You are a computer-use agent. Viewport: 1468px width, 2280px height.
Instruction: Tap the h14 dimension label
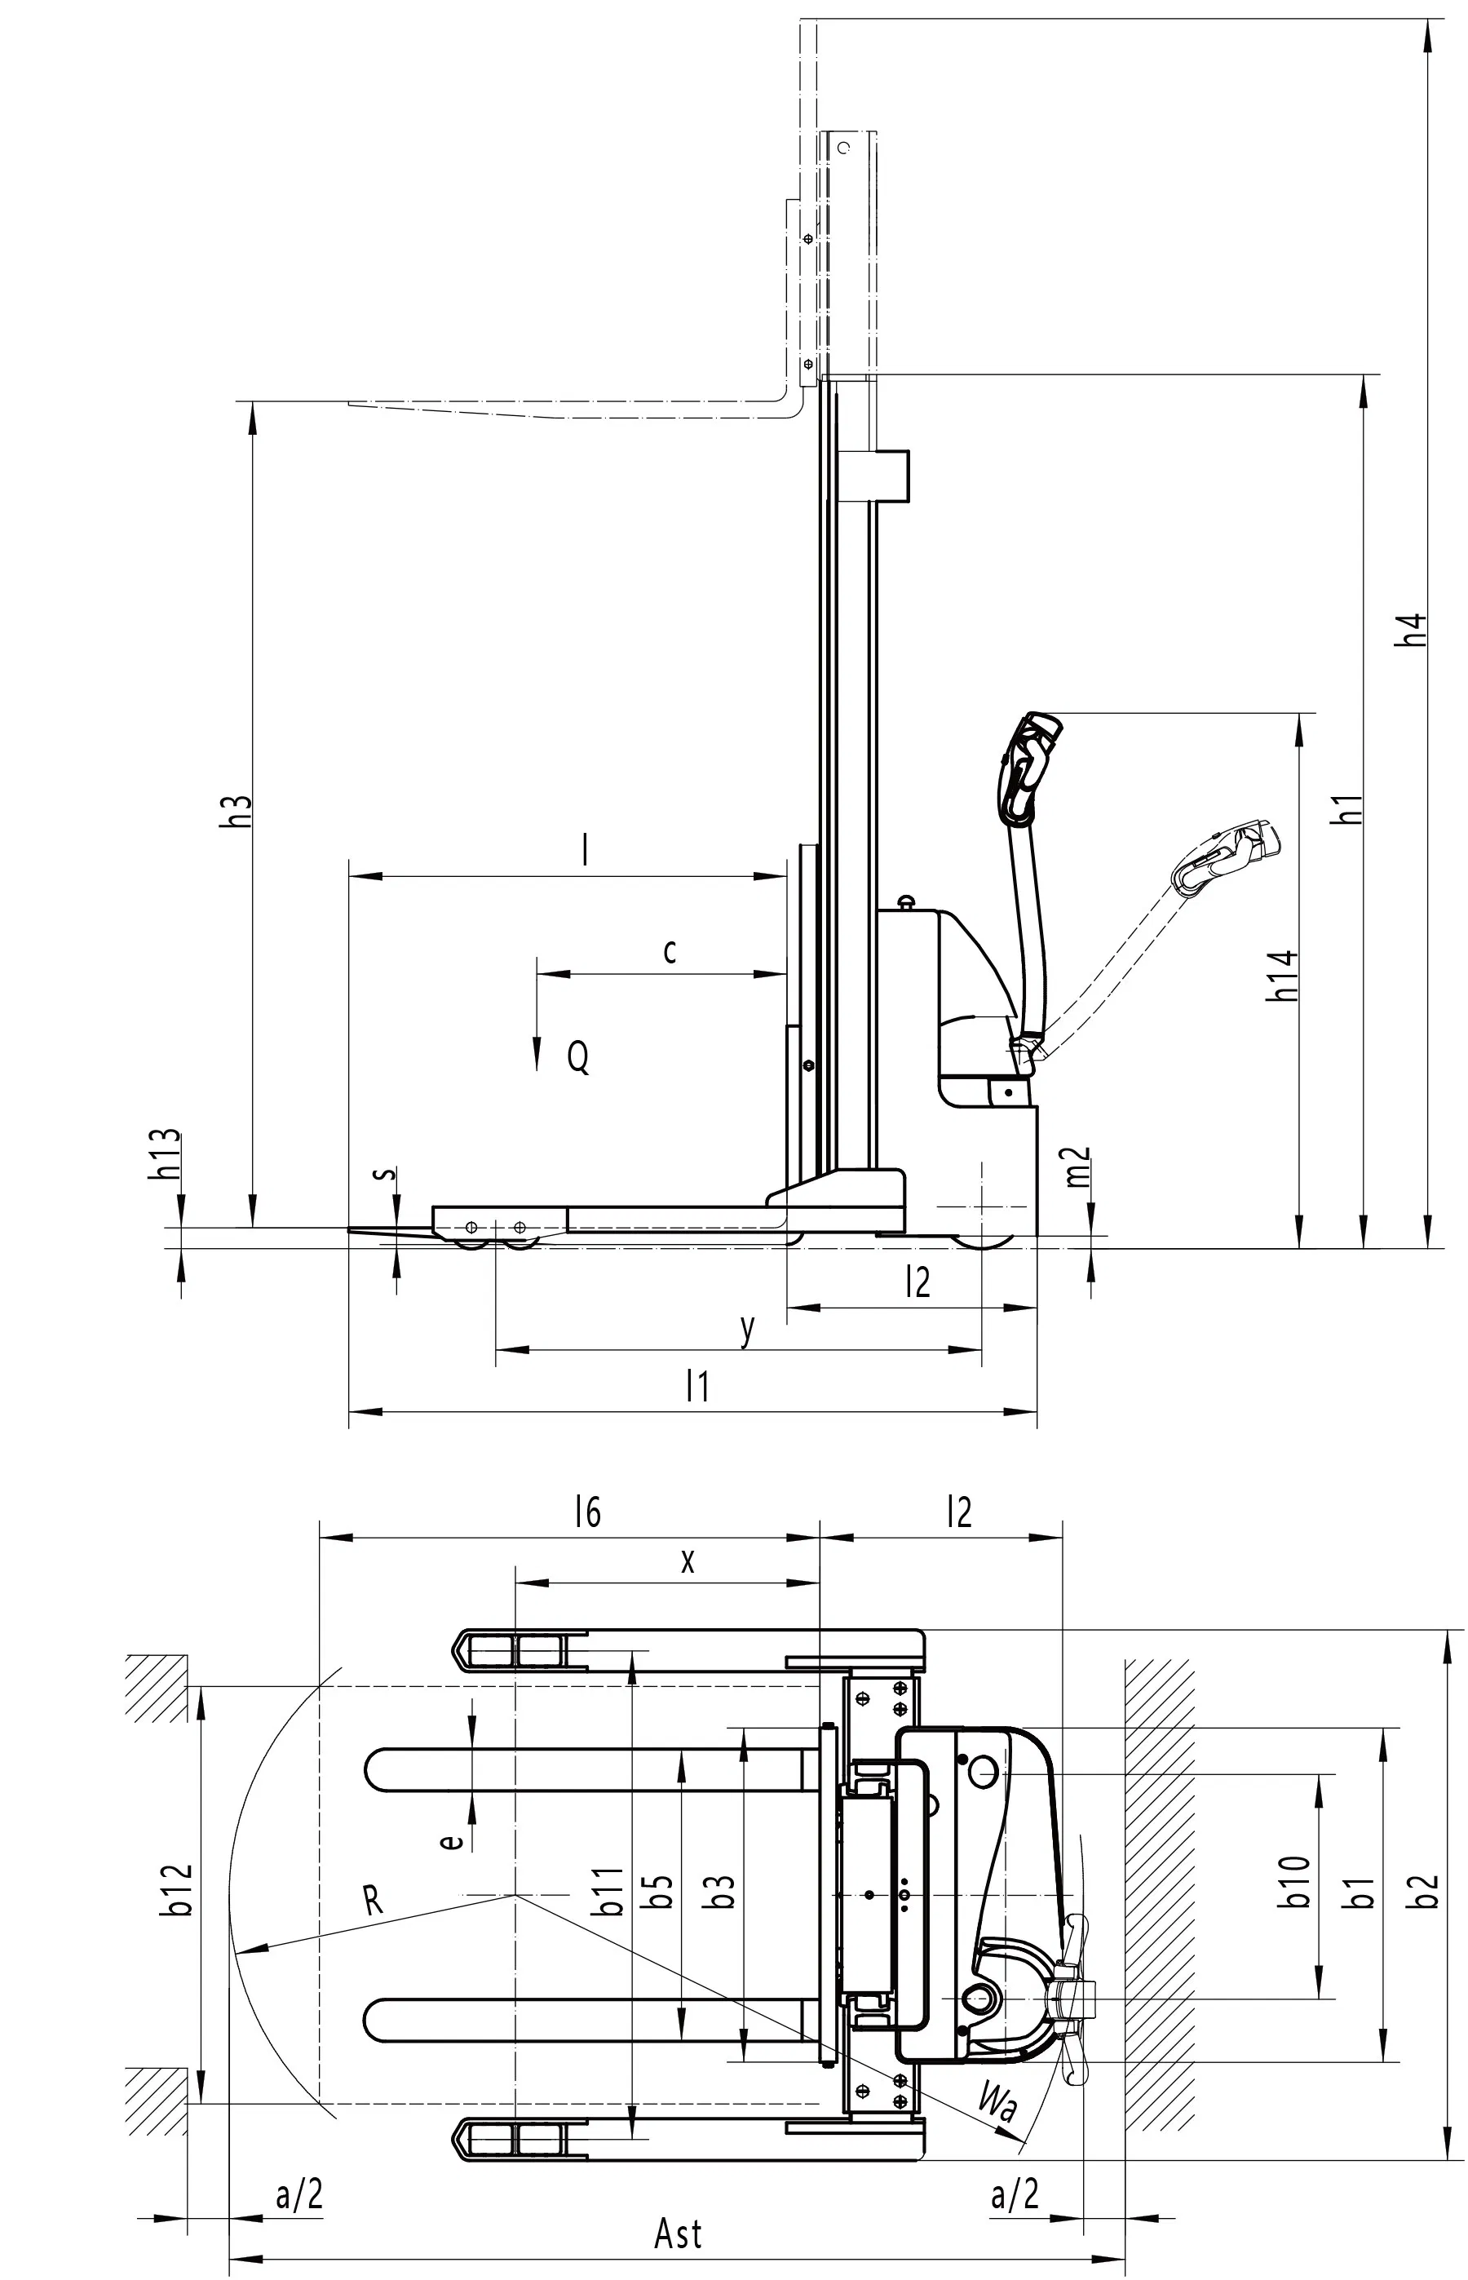(1282, 975)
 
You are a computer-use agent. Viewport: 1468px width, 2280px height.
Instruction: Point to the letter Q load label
(577, 1057)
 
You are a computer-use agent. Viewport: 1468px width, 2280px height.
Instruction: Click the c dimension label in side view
(670, 950)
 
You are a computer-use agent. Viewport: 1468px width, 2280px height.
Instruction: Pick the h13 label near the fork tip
(165, 1154)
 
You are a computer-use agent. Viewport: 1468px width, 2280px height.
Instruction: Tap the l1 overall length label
(698, 1387)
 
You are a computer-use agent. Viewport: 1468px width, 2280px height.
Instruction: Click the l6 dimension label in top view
(588, 1512)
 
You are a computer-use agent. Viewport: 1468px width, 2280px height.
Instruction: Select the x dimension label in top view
(688, 1561)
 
